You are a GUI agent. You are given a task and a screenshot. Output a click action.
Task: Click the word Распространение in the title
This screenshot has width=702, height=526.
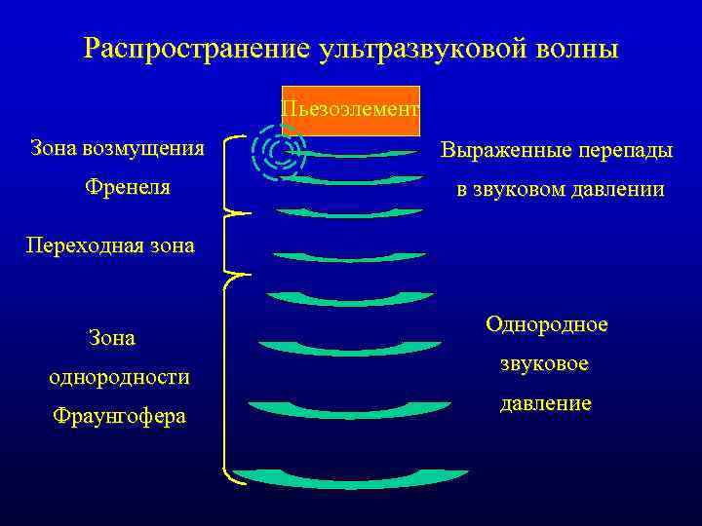[196, 48]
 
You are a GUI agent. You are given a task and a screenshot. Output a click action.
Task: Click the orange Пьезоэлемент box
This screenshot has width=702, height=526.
[350, 109]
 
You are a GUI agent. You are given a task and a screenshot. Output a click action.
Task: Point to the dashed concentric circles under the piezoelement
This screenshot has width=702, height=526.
[279, 150]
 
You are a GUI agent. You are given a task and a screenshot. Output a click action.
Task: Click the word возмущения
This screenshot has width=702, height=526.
[144, 149]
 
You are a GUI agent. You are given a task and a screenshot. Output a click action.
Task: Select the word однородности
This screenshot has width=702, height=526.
[120, 376]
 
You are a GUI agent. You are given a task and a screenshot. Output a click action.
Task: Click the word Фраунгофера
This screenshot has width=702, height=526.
[119, 416]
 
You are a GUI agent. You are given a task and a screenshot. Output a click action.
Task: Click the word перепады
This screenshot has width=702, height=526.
[625, 151]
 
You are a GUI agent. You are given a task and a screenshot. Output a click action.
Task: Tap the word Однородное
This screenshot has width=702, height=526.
[546, 324]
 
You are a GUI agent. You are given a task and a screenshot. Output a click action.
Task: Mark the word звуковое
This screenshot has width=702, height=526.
[545, 363]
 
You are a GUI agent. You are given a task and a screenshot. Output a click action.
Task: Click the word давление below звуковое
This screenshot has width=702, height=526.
[545, 402]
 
